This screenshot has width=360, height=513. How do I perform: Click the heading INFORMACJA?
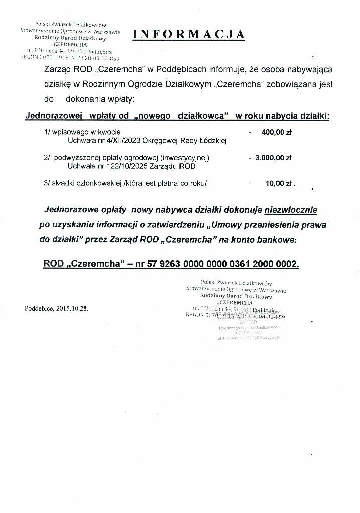pyautogui.click(x=189, y=34)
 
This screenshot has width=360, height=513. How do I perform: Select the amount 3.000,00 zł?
pyautogui.click(x=273, y=158)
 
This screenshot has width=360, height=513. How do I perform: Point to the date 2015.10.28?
pyautogui.click(x=72, y=308)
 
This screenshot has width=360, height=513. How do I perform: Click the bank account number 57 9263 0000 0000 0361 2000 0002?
pyautogui.click(x=223, y=263)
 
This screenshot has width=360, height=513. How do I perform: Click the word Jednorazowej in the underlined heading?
pyautogui.click(x=53, y=116)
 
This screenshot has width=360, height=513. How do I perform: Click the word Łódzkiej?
pyautogui.click(x=213, y=141)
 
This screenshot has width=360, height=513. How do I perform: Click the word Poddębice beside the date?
pyautogui.click(x=40, y=308)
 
